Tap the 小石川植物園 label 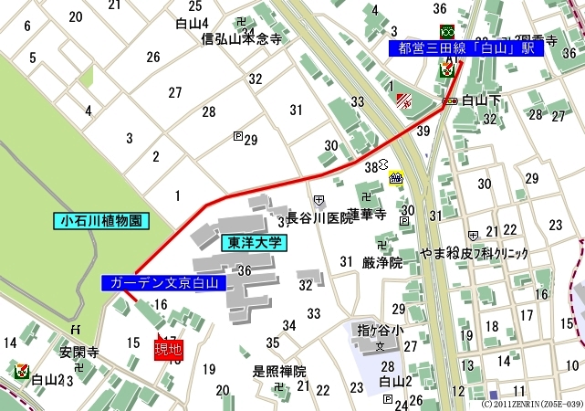pyautogui.click(x=100, y=221)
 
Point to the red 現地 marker pyautogui.click(x=168, y=349)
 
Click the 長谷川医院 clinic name pyautogui.click(x=319, y=219)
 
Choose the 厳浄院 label pyautogui.click(x=381, y=263)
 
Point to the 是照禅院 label pyautogui.click(x=279, y=372)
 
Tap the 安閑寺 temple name pyautogui.click(x=78, y=351)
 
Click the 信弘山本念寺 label pyautogui.click(x=241, y=39)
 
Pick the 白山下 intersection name pyautogui.click(x=481, y=100)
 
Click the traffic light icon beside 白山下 pyautogui.click(x=449, y=100)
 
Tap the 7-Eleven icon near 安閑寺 pyautogui.click(x=22, y=372)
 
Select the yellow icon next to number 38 pyautogui.click(x=396, y=178)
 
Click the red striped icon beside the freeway pyautogui.click(x=404, y=101)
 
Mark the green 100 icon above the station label pyautogui.click(x=447, y=31)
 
